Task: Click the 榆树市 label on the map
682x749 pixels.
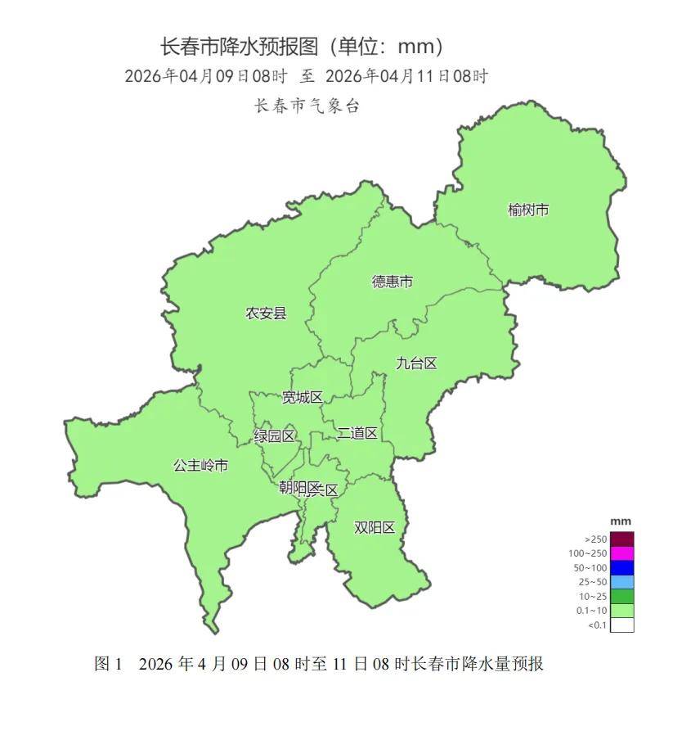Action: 527,210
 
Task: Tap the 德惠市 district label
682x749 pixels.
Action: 393,282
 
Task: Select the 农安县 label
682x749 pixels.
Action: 267,313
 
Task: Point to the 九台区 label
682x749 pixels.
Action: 416,363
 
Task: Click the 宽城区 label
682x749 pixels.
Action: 302,398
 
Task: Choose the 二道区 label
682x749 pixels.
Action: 357,433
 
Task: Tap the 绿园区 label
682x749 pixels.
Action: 275,436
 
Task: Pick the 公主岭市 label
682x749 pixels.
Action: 200,466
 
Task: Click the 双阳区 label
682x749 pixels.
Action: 375,527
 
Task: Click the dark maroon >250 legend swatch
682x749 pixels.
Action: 622,539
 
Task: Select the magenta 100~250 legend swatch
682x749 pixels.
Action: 622,553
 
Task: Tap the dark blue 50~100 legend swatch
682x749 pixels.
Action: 622,567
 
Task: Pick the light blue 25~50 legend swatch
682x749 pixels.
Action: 622,582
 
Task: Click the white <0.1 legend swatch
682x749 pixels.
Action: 622,625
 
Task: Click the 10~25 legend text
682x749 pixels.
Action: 595,597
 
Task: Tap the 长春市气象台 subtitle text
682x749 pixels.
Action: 307,106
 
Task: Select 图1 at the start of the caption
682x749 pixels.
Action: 108,664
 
